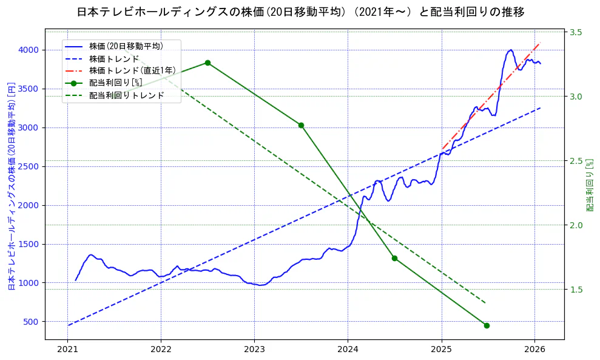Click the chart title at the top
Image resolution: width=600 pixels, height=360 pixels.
tap(300, 12)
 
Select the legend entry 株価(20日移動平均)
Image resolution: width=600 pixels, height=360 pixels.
tap(126, 46)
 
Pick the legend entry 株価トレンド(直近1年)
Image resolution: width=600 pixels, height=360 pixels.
tap(130, 70)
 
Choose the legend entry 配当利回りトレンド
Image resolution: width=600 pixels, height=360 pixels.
tap(126, 95)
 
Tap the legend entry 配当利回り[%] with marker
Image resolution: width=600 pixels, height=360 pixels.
tap(115, 83)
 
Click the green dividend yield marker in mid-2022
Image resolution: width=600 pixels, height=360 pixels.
tap(207, 63)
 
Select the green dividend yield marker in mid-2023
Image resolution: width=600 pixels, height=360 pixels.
tap(301, 125)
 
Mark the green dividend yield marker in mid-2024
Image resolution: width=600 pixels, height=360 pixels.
tap(394, 258)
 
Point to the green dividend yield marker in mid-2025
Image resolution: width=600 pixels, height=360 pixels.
tap(487, 325)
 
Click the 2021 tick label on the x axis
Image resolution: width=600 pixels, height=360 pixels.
tap(68, 350)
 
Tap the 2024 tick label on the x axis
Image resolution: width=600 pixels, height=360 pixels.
tap(348, 350)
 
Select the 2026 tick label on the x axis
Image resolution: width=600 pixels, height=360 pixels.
tap(534, 350)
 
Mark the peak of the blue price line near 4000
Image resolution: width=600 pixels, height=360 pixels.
tap(511, 50)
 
